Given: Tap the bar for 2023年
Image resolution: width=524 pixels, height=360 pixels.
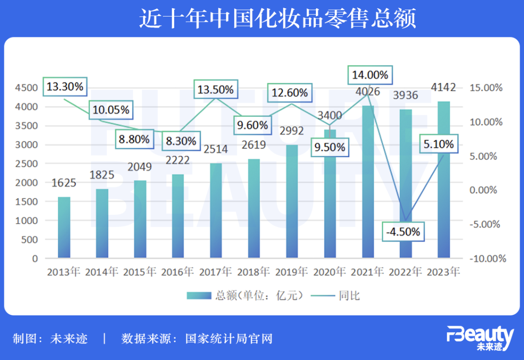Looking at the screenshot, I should point(444,180).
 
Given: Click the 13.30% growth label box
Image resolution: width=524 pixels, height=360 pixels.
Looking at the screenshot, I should point(65,87).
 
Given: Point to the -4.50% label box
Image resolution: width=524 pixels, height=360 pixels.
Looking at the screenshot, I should point(403,232).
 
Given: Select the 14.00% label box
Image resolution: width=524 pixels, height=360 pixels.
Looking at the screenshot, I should point(370,75).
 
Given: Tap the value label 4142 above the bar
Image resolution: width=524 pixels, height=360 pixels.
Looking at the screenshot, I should point(443,88).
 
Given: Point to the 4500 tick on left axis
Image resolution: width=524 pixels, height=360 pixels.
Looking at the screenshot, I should point(28,88).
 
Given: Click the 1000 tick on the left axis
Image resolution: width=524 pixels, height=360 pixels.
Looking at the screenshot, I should point(28,221).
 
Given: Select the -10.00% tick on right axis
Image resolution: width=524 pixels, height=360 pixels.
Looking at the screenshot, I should point(487,259).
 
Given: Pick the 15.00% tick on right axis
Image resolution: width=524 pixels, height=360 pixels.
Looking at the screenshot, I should point(487,88).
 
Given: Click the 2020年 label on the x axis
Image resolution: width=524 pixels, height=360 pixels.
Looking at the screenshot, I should point(329,272).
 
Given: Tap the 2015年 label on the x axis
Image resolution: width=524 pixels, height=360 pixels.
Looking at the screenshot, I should point(139,272).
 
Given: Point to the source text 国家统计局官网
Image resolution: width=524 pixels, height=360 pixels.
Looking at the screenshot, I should point(229,338).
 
